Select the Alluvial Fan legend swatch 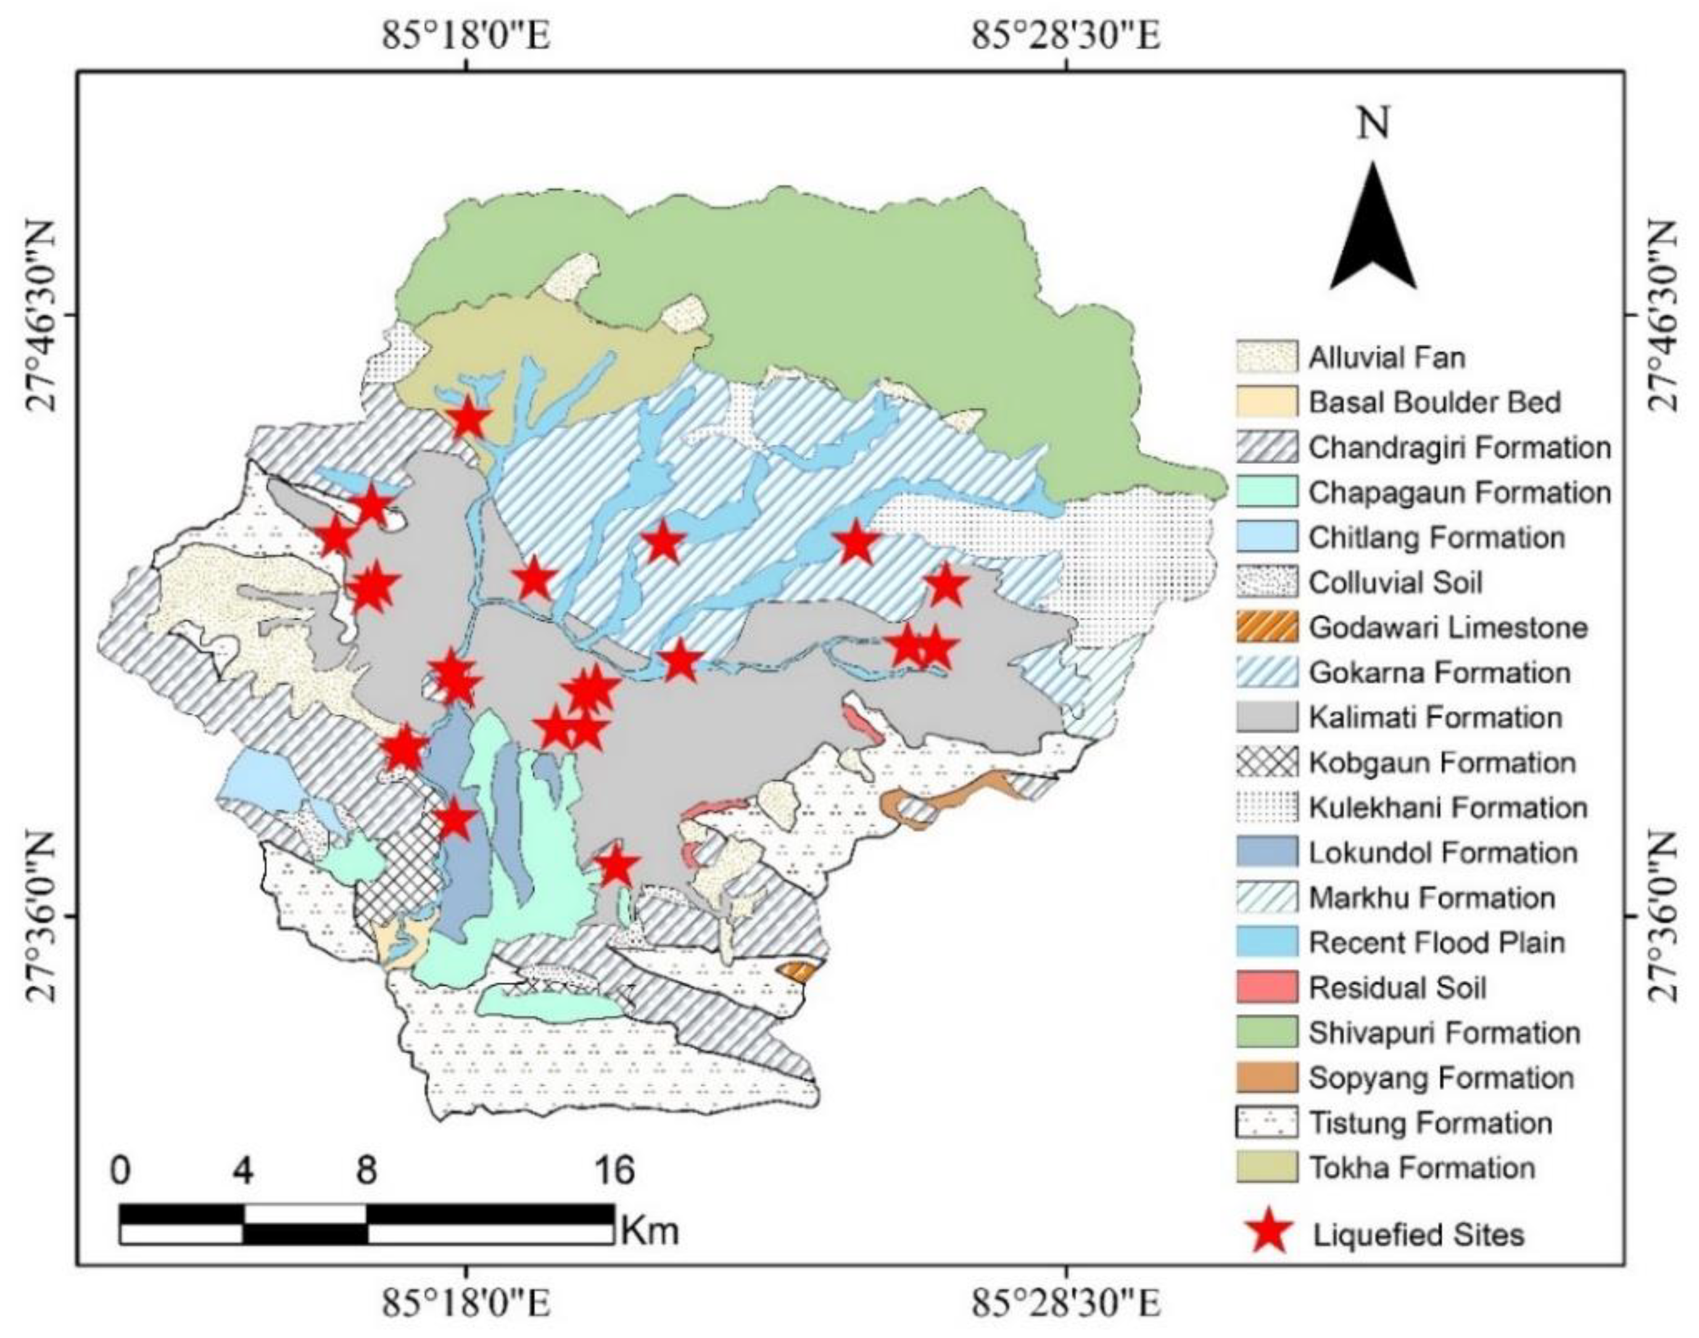pyautogui.click(x=1267, y=357)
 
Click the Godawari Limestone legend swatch pyautogui.click(x=1267, y=627)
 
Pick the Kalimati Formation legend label pyautogui.click(x=1435, y=717)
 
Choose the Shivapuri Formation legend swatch pyautogui.click(x=1267, y=1033)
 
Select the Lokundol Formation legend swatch pyautogui.click(x=1267, y=853)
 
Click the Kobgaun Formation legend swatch pyautogui.click(x=1267, y=762)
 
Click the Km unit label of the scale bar pyautogui.click(x=650, y=1231)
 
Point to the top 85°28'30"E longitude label pyautogui.click(x=1065, y=36)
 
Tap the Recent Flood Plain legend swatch pyautogui.click(x=1267, y=943)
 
